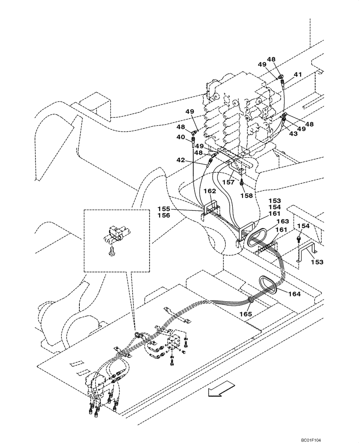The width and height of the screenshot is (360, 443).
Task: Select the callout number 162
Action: click(x=210, y=191)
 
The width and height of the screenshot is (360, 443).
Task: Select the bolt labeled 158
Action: click(x=241, y=182)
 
